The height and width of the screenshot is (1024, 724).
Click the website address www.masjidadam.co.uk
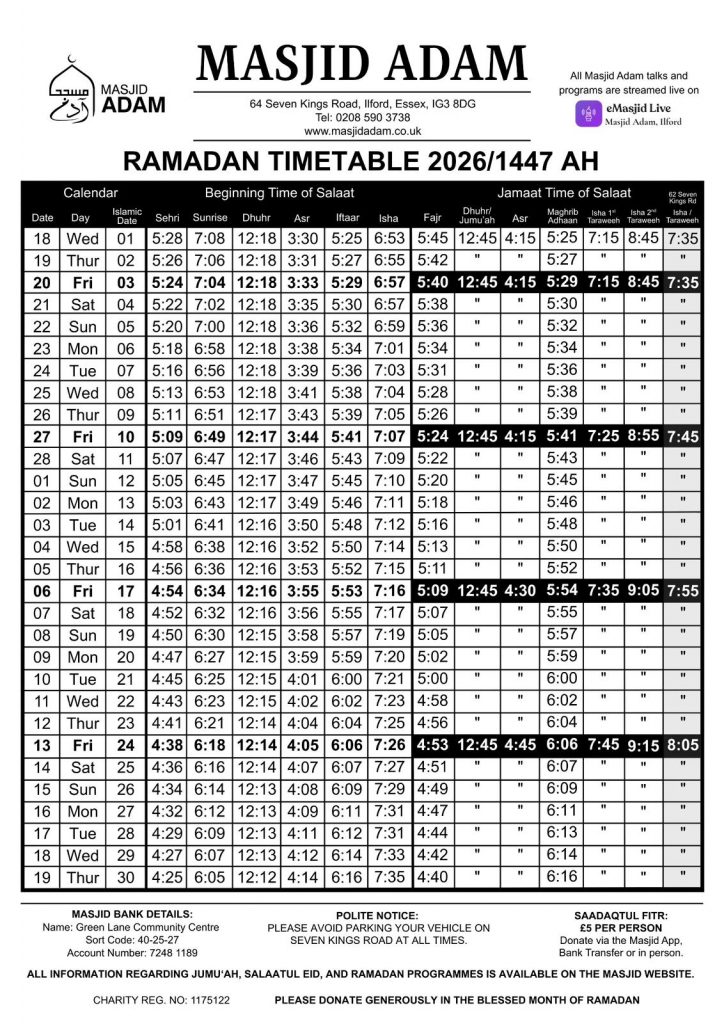pos(362,131)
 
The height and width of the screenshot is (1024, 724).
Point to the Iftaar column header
pos(345,218)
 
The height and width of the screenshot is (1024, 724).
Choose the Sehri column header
pos(166,218)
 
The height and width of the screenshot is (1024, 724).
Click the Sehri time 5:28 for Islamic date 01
pos(166,239)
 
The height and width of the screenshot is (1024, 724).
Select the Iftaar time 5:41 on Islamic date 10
pos(345,436)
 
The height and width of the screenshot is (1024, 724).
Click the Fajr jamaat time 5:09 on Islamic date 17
pos(433,590)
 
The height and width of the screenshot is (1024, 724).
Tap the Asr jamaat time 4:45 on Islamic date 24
pos(519,744)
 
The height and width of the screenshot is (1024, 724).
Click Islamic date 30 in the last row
pos(125,878)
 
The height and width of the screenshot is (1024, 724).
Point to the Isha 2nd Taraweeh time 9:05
pos(644,590)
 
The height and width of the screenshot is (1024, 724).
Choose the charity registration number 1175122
pos(199,999)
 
